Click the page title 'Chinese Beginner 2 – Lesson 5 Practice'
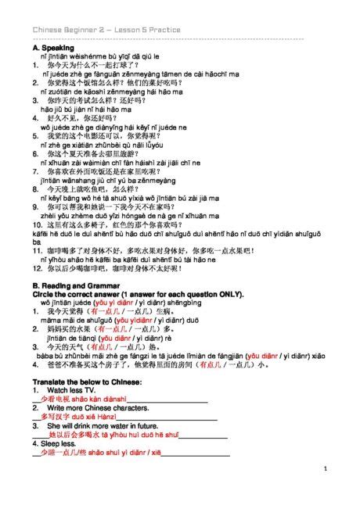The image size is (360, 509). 106,30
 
